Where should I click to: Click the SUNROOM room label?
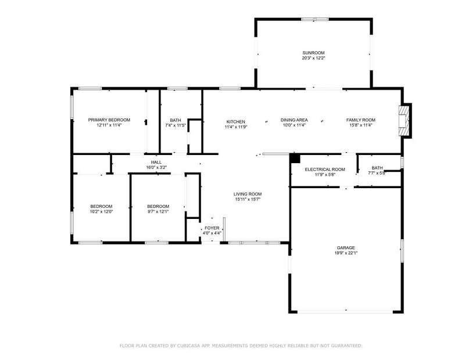click(x=313, y=53)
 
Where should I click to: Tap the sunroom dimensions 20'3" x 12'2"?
click(x=313, y=58)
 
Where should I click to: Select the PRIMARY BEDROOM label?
click(x=109, y=120)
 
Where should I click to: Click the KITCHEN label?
click(x=236, y=122)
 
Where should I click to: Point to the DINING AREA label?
click(x=294, y=120)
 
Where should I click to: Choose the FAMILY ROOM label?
click(x=360, y=120)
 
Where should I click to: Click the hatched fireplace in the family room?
click(x=404, y=120)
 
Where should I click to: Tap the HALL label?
click(x=156, y=163)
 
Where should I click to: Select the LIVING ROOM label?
click(x=248, y=194)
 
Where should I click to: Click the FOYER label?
click(x=212, y=228)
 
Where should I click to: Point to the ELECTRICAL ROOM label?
click(x=325, y=170)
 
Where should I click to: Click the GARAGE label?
click(x=346, y=248)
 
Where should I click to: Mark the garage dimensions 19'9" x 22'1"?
click(x=346, y=253)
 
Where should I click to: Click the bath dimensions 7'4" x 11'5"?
click(x=176, y=125)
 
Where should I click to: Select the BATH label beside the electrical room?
click(x=377, y=168)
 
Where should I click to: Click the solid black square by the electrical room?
click(x=295, y=158)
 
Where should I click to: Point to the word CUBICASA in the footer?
click(x=188, y=345)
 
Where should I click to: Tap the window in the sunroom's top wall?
click(x=315, y=20)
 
